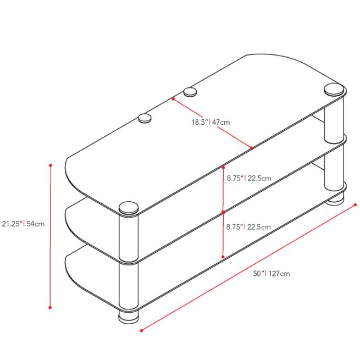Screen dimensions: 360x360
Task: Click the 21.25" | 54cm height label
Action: (x=23, y=224)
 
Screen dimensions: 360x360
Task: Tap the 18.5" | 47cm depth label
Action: (x=211, y=122)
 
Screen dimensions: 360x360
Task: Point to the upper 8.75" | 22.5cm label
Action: (x=249, y=178)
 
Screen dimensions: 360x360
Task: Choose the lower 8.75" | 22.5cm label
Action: (x=249, y=226)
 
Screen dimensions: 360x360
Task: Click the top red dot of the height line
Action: (x=50, y=165)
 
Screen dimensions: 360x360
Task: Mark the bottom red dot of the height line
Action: (x=50, y=308)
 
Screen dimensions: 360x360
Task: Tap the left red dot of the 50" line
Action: (x=142, y=330)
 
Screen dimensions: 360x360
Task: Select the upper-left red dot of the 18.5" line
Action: (x=173, y=99)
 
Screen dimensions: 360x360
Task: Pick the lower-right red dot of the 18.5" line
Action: (x=251, y=148)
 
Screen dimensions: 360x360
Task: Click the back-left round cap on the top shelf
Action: (x=145, y=118)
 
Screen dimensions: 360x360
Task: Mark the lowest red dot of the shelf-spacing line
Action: (x=223, y=256)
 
